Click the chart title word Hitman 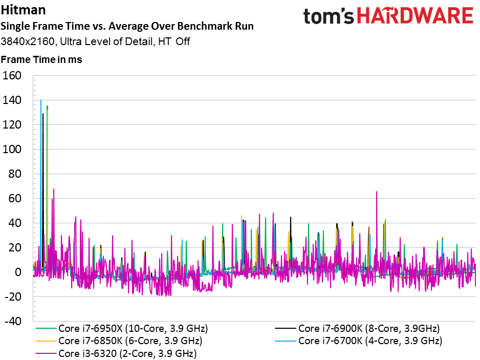click(x=23, y=10)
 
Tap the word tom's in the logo click(x=328, y=16)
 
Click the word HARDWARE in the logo click(x=415, y=16)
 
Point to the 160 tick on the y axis click(x=12, y=75)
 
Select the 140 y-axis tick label click(x=12, y=100)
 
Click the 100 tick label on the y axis click(x=12, y=149)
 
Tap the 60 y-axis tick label click(x=15, y=199)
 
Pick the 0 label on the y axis click(x=18, y=272)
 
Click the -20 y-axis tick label click(x=13, y=297)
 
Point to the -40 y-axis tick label click(x=13, y=321)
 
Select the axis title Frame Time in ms click(x=41, y=59)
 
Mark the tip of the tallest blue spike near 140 click(x=41, y=100)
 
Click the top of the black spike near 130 click(x=43, y=114)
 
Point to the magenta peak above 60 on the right click(x=377, y=192)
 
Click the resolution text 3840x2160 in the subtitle click(x=28, y=41)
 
